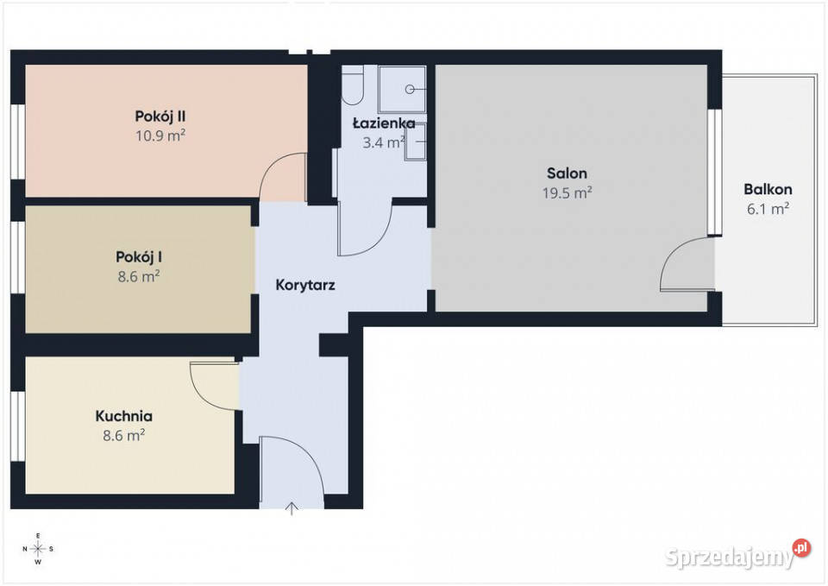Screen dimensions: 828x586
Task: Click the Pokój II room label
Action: point(160,117)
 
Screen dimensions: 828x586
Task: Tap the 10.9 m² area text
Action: point(160,135)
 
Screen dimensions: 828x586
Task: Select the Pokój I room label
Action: point(138,257)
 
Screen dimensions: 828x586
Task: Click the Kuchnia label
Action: point(123,416)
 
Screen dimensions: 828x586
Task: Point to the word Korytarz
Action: point(305,286)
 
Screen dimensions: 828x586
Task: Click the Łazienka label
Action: point(384,123)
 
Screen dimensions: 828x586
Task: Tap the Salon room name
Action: point(567,173)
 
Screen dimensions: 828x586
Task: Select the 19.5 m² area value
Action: point(567,192)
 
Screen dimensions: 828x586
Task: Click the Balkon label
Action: point(768,189)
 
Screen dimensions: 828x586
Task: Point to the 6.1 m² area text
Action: point(768,209)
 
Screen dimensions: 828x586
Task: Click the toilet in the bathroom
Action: point(352,85)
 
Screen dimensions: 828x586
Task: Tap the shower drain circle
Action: point(410,89)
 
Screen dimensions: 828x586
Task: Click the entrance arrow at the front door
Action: point(292,508)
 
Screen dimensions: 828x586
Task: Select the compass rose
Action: point(38,549)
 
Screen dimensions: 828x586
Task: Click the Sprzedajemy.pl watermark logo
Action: point(737,555)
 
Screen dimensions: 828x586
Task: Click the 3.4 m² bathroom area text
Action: point(384,142)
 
